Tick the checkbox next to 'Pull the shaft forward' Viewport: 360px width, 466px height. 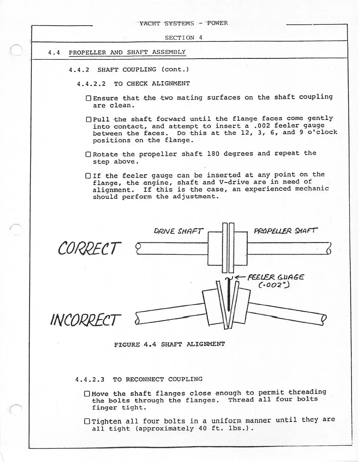(x=89, y=120)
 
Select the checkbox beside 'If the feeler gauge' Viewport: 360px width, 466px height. (x=88, y=176)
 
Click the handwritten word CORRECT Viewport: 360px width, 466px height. (x=89, y=249)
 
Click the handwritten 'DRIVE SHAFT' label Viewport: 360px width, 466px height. (x=178, y=232)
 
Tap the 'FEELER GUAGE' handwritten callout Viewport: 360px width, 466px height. (x=275, y=277)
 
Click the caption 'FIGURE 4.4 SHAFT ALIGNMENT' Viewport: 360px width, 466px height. (x=169, y=344)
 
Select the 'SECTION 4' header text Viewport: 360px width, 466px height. (x=184, y=38)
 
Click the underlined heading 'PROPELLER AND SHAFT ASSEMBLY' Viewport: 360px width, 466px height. (x=127, y=52)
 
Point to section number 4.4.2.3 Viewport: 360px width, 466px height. (x=90, y=380)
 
